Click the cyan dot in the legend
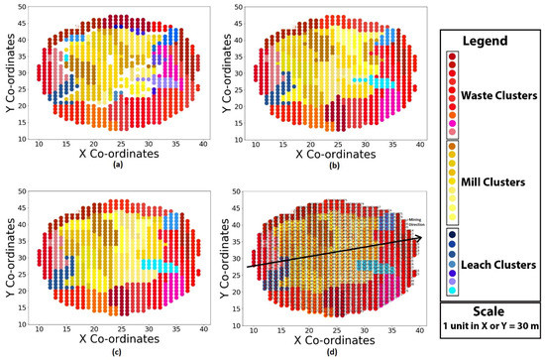451,291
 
